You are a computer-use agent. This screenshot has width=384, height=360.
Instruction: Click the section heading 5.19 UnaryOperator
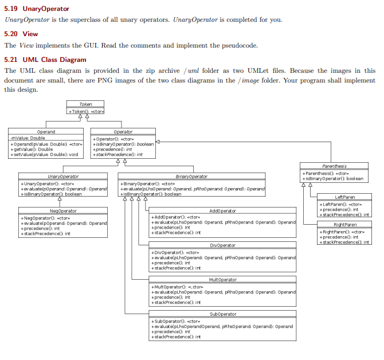(37, 9)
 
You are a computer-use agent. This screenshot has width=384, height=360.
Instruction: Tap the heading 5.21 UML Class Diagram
(45, 60)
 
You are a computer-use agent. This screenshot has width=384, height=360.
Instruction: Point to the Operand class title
(46, 132)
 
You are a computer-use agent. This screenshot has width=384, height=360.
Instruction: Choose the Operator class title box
(123, 132)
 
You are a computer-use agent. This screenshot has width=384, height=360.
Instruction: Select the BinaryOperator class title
(191, 177)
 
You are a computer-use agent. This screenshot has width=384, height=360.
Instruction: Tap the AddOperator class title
(223, 211)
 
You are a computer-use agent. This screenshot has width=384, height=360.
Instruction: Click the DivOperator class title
(223, 245)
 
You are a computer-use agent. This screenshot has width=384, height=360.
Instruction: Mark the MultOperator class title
(223, 279)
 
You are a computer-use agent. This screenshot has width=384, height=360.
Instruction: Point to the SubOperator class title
(223, 314)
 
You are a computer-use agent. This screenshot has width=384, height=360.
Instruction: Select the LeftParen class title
(344, 197)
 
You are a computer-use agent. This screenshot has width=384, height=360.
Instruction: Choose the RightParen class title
(344, 224)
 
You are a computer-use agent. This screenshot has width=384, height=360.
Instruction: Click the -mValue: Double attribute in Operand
(28, 138)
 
